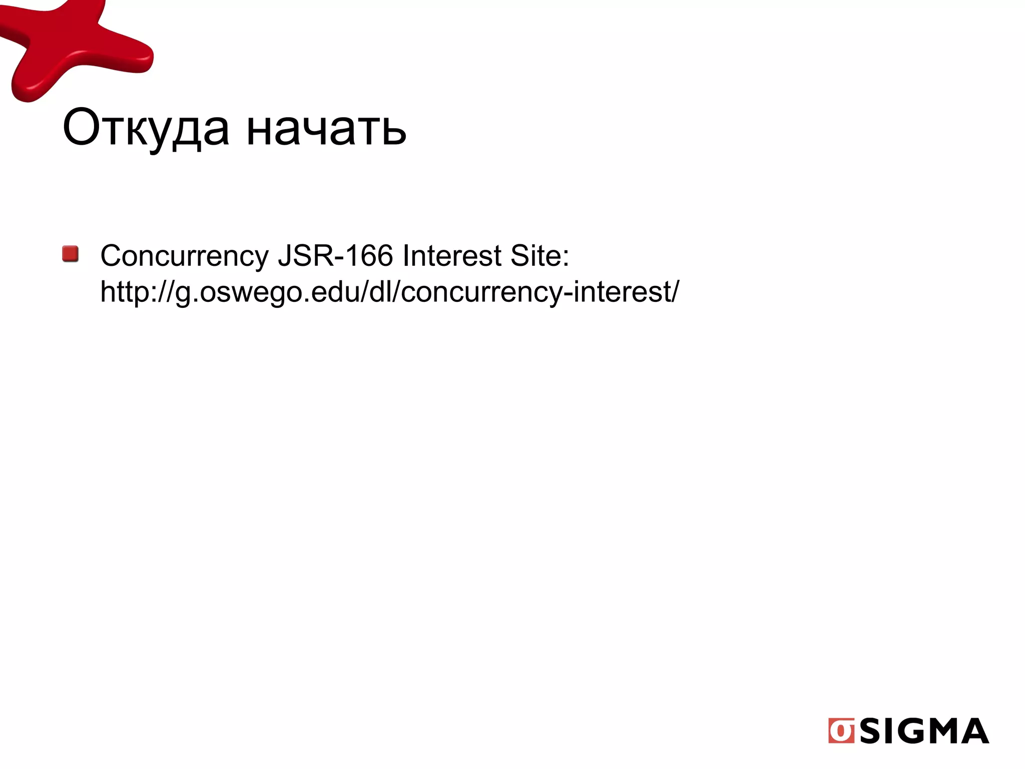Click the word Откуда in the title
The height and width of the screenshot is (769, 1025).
coord(146,128)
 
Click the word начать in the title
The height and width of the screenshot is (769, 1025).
coord(326,129)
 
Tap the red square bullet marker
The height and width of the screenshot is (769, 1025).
coord(71,254)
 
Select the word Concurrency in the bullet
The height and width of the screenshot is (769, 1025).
coord(184,256)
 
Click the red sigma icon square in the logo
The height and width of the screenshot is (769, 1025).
coord(841,731)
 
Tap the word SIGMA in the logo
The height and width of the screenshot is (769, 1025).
coord(924,731)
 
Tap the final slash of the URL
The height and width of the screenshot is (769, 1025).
coord(676,291)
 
